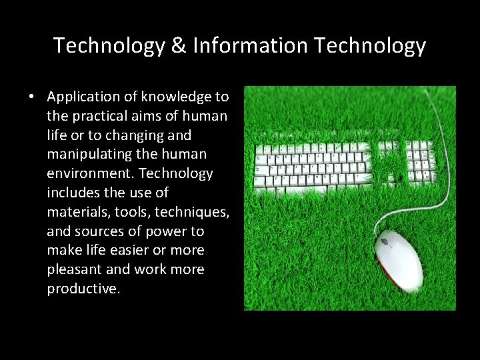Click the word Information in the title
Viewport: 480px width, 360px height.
(x=250, y=45)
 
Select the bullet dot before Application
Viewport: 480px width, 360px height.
(x=31, y=97)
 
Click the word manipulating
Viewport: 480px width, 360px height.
(x=93, y=154)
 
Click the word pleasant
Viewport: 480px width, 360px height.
(x=74, y=270)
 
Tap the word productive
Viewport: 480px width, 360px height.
(x=83, y=289)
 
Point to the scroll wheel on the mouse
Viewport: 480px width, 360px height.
(x=385, y=241)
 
